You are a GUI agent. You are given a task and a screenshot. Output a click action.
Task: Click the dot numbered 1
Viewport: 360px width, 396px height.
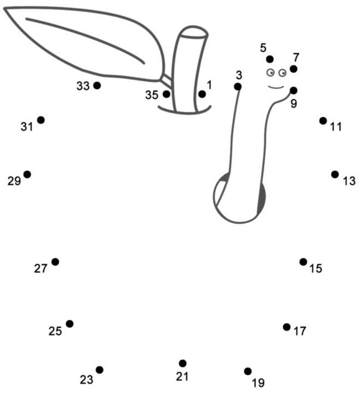202,94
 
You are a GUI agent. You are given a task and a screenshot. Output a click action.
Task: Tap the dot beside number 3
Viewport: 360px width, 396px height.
238,87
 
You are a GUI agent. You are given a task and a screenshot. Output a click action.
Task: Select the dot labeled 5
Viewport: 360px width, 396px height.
270,59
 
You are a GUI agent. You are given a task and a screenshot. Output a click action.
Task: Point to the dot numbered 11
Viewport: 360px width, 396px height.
323,121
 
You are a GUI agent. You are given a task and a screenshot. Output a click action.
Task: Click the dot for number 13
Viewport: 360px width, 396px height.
335,174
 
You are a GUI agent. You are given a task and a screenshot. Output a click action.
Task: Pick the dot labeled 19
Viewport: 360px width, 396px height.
248,371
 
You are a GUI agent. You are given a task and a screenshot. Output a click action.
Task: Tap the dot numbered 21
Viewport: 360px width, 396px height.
183,364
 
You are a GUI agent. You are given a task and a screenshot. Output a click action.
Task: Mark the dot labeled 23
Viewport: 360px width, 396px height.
99,370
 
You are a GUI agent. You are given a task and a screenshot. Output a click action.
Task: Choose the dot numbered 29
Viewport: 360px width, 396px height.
27,174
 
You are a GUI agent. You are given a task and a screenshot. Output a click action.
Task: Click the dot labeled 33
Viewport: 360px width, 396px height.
97,85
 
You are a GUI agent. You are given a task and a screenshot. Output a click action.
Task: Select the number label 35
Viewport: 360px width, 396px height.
152,95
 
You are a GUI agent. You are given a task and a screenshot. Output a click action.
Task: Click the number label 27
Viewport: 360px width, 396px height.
40,268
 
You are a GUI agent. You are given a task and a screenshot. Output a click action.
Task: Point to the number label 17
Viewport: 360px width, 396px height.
300,331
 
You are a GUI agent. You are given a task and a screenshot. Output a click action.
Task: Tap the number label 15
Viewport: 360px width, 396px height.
316,268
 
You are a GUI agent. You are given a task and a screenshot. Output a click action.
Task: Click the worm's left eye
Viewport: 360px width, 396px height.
271,72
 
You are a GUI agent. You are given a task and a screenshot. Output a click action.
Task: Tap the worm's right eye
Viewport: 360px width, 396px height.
283,73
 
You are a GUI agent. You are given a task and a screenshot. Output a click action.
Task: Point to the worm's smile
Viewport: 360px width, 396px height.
276,87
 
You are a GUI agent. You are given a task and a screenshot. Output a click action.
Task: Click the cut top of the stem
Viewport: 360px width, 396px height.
193,32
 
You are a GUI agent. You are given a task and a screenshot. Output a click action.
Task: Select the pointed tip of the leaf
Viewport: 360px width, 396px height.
4,9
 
